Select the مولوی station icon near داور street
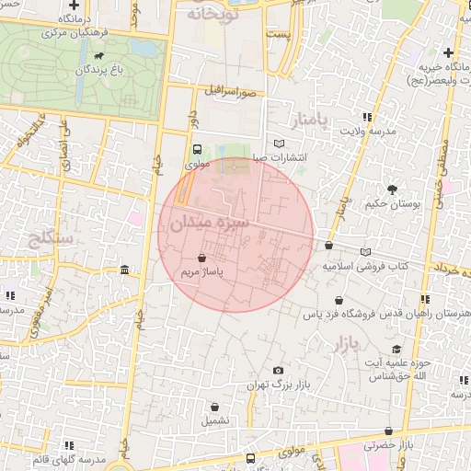pos(198,150)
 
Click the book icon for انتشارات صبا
pos(280,143)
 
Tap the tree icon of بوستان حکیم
pos(392,190)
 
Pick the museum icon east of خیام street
pos(124,270)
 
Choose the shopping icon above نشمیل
pos(215,406)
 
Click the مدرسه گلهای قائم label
pos(70,458)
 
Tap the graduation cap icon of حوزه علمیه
pos(396,349)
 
